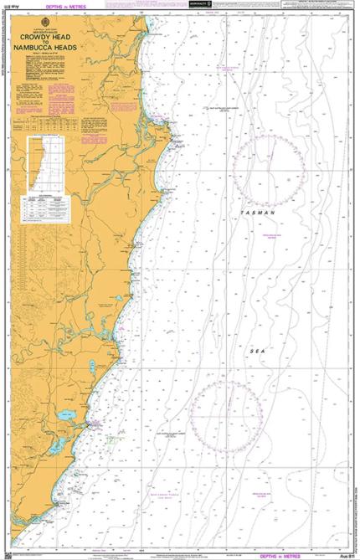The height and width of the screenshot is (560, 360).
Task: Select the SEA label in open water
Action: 257,329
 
